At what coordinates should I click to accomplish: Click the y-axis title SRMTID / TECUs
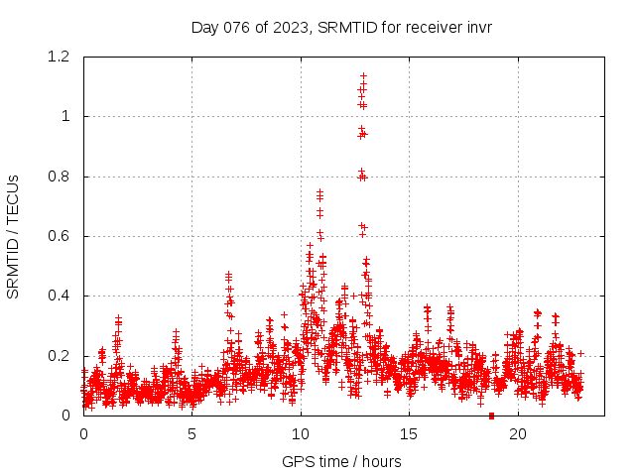(13, 236)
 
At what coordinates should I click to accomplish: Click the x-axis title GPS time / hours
(341, 461)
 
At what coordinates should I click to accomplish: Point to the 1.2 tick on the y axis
(63, 57)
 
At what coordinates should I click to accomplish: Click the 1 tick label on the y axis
(67, 116)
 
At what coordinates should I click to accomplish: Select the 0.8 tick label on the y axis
(63, 177)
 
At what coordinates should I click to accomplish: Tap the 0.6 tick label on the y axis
(63, 236)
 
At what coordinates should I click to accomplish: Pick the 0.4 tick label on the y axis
(63, 296)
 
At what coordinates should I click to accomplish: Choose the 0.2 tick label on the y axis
(63, 356)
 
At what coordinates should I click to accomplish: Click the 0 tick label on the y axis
(67, 416)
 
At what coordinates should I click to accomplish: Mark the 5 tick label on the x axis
(191, 433)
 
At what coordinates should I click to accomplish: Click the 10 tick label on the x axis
(301, 433)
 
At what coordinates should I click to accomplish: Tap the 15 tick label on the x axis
(409, 433)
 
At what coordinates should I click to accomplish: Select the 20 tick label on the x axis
(518, 433)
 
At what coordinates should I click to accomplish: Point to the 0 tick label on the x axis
(83, 433)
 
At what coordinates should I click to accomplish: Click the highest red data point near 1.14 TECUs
(363, 74)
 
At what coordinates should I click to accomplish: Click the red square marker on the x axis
(491, 416)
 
